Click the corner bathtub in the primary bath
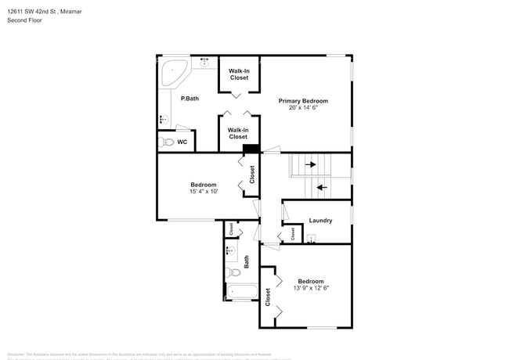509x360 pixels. tap(173, 74)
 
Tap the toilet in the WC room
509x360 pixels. tap(166, 142)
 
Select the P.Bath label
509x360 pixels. tap(189, 99)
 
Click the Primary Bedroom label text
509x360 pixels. tap(303, 101)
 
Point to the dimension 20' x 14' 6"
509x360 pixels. tap(303, 108)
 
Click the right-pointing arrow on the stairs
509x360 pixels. tap(310, 164)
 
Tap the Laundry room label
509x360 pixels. tap(320, 221)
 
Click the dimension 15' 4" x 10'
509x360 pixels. tap(203, 191)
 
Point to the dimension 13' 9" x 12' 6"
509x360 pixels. tap(311, 288)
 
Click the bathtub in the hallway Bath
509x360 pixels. tap(241, 293)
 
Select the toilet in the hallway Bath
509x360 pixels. tap(234, 273)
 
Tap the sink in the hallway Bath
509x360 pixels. tap(230, 251)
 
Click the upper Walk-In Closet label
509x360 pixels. tap(239, 74)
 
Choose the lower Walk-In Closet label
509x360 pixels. tap(238, 134)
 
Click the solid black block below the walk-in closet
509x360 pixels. tap(251, 149)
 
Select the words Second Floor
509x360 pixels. tap(25, 20)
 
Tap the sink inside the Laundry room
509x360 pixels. tap(311, 240)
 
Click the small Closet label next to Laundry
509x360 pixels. tap(292, 232)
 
